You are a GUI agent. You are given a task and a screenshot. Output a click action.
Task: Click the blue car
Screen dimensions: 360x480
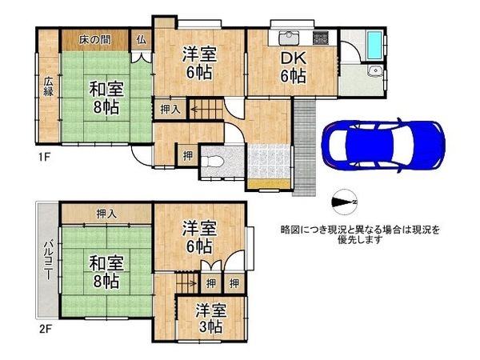click(382, 145)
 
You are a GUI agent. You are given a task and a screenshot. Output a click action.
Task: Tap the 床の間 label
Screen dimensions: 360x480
click(94, 39)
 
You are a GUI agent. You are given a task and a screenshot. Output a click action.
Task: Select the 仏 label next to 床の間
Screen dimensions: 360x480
click(142, 39)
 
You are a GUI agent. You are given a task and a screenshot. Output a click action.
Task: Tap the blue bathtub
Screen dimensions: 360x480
click(374, 45)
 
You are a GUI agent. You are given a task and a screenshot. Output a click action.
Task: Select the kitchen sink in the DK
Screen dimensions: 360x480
click(289, 38)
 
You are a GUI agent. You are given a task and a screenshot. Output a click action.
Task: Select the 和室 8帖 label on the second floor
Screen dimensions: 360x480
click(104, 270)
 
